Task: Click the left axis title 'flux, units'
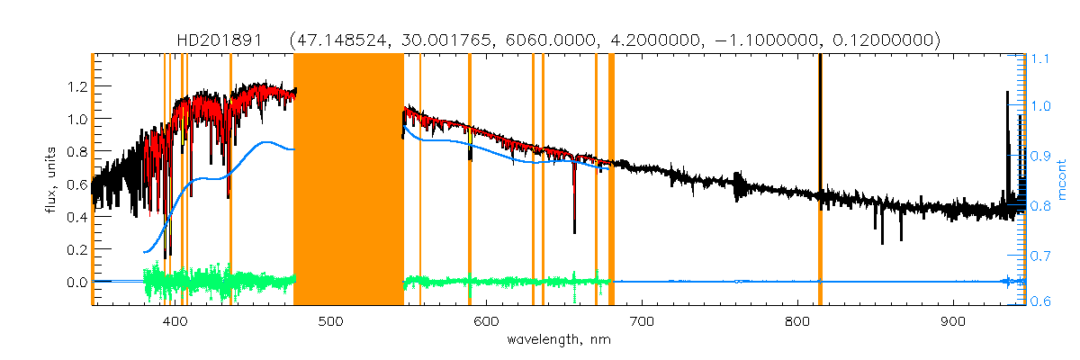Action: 51,180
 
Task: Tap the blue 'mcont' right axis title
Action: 1062,180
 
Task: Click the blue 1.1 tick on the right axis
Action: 1040,58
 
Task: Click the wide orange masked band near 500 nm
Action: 348,180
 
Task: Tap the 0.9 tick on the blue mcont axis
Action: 1040,157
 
